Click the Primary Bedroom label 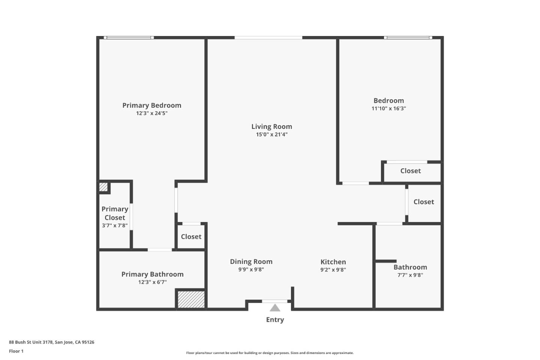[151, 105]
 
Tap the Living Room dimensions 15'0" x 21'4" [271, 135]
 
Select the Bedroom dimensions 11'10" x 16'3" [388, 109]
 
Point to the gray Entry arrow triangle [275, 308]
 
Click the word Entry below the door [275, 320]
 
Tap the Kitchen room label [333, 262]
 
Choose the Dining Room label [251, 261]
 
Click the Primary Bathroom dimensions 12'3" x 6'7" [152, 282]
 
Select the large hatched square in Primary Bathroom [191, 300]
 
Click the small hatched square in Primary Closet [103, 187]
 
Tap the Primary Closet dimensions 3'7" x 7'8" [115, 226]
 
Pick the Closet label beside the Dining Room [191, 237]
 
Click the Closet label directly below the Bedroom [410, 171]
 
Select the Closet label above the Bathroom [423, 202]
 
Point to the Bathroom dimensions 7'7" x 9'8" [410, 275]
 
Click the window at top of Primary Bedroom [129, 38]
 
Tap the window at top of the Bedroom [408, 38]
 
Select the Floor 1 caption [16, 351]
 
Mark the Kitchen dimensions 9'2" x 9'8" [333, 270]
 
